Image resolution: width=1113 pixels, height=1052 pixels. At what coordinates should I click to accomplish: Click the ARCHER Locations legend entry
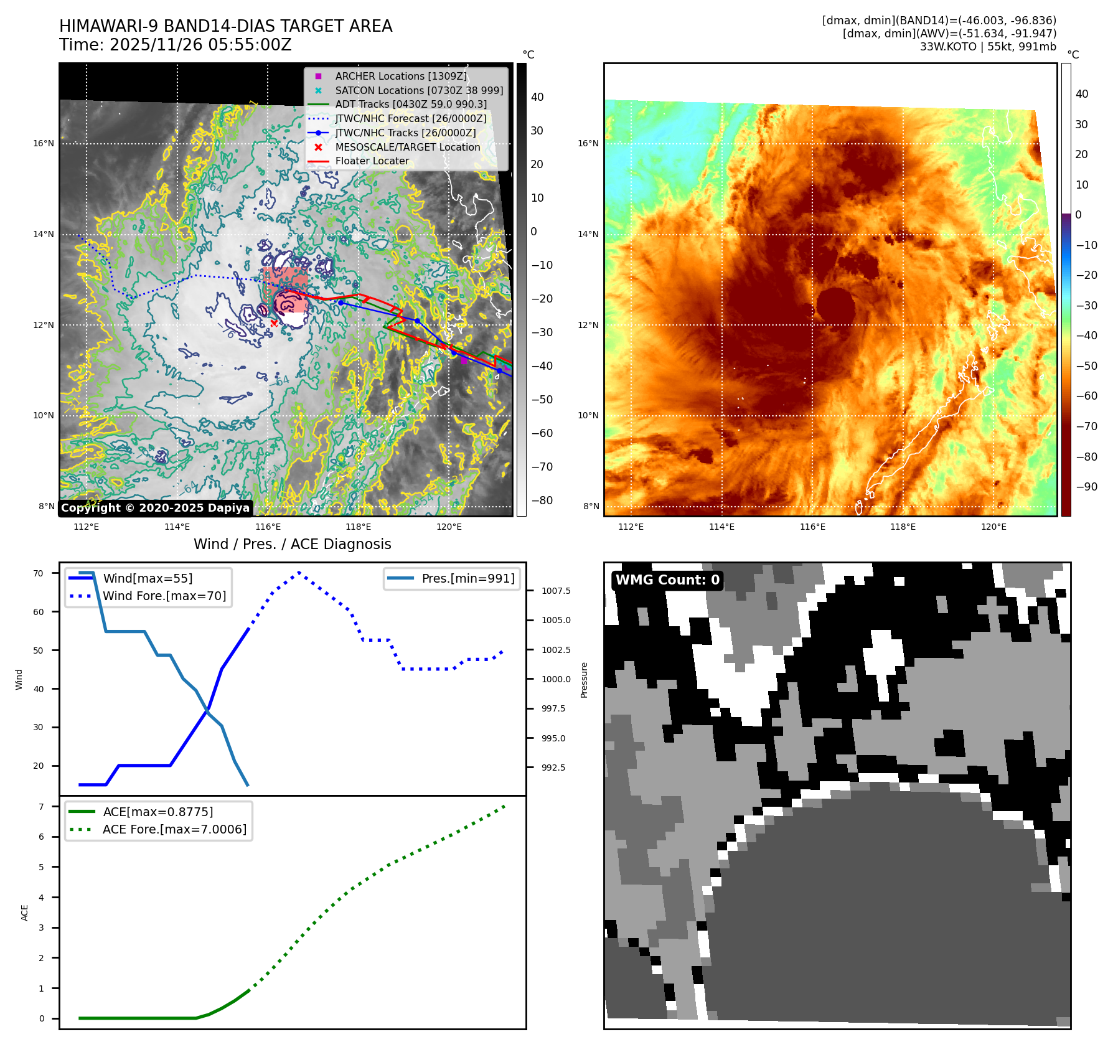pyautogui.click(x=400, y=76)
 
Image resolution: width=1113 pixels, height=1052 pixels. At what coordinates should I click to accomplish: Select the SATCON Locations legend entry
pyautogui.click(x=418, y=90)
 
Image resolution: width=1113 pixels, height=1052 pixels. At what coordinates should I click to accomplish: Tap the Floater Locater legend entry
pyautogui.click(x=372, y=161)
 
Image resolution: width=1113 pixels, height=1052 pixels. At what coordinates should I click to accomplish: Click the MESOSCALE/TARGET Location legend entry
pyautogui.click(x=407, y=147)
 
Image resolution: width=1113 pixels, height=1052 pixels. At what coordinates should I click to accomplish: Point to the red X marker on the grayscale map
pyautogui.click(x=274, y=323)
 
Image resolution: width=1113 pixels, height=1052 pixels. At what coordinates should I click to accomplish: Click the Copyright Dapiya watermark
pyautogui.click(x=155, y=508)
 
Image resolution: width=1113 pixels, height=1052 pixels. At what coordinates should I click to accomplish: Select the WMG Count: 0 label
pyautogui.click(x=667, y=580)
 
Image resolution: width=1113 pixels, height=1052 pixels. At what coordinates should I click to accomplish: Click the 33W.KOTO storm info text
pyautogui.click(x=988, y=47)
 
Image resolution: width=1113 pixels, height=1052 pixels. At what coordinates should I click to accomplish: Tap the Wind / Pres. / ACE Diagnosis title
pyautogui.click(x=292, y=544)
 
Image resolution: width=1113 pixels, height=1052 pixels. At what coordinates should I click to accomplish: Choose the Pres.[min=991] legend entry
pyautogui.click(x=467, y=578)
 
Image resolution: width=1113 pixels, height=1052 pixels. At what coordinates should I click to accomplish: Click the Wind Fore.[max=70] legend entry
pyautogui.click(x=164, y=596)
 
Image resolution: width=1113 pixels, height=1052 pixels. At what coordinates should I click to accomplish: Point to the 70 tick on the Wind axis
pyautogui.click(x=39, y=573)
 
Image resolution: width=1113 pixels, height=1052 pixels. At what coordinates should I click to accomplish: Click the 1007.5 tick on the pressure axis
pyautogui.click(x=556, y=591)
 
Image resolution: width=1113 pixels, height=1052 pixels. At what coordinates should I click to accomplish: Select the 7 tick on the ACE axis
pyautogui.click(x=41, y=807)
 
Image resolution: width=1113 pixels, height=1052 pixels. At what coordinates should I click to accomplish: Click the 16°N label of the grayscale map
pyautogui.click(x=44, y=143)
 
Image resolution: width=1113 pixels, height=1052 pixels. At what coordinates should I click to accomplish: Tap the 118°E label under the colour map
pyautogui.click(x=903, y=527)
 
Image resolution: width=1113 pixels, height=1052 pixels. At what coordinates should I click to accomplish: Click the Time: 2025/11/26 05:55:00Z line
pyautogui.click(x=175, y=45)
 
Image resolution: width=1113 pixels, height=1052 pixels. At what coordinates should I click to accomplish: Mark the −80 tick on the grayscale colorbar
pyautogui.click(x=542, y=500)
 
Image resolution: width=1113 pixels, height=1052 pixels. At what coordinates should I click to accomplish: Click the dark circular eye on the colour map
pyautogui.click(x=835, y=305)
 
